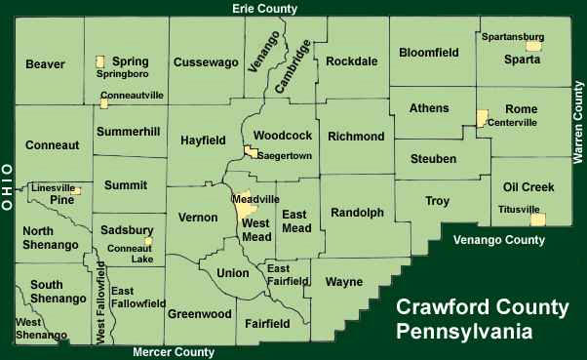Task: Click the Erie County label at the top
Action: pyautogui.click(x=264, y=9)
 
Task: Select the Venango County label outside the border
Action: pyautogui.click(x=498, y=239)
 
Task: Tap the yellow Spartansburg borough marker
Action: pyautogui.click(x=532, y=46)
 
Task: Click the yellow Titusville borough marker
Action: pyautogui.click(x=536, y=220)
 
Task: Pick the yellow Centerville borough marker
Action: pyautogui.click(x=481, y=118)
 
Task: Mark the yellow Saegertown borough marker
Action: pyautogui.click(x=251, y=152)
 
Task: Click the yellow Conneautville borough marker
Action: pyautogui.click(x=104, y=102)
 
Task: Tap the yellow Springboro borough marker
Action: pyautogui.click(x=99, y=61)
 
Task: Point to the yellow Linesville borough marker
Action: pyautogui.click(x=76, y=189)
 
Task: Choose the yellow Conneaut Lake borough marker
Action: pyautogui.click(x=148, y=241)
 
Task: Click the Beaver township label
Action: pyautogui.click(x=45, y=64)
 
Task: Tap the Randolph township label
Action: pyautogui.click(x=357, y=213)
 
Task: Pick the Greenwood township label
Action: pyautogui.click(x=199, y=314)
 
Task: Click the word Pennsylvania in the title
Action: pyautogui.click(x=464, y=331)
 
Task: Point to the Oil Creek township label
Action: pyautogui.click(x=528, y=186)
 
